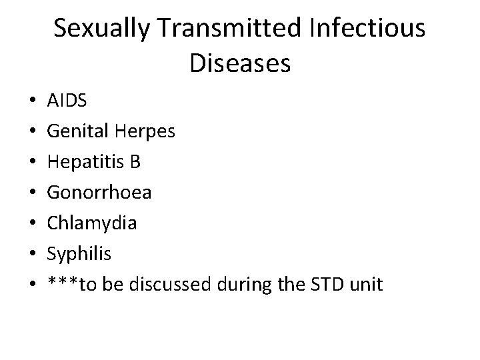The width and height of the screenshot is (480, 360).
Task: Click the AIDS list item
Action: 67,101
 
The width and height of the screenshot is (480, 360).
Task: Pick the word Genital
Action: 73,132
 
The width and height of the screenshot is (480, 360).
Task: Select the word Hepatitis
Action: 85,163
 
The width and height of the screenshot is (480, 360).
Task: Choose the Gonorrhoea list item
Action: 99,193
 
